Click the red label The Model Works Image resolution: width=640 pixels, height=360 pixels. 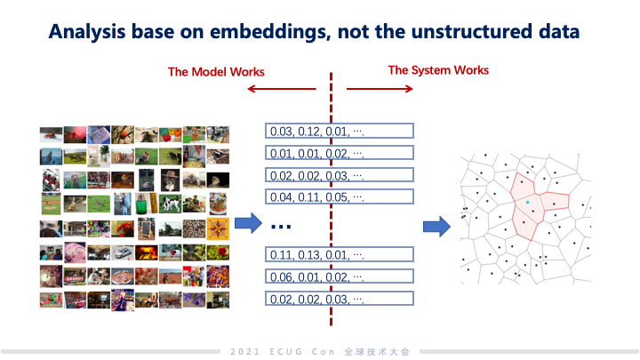pos(217,71)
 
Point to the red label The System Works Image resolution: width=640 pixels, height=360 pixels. pos(438,69)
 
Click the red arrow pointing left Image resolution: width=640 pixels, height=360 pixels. pos(281,89)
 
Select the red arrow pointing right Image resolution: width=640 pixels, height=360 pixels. pos(380,89)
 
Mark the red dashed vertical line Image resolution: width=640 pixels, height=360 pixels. pos(332,178)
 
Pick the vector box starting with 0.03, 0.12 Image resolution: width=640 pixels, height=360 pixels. pos(340,132)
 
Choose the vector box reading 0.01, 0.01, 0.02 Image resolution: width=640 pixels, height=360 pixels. pos(340,153)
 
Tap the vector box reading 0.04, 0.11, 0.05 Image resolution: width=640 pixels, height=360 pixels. pos(340,196)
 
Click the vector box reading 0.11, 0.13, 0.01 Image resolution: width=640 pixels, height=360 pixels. pos(340,255)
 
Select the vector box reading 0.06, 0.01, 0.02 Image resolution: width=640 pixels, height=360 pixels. pos(340,276)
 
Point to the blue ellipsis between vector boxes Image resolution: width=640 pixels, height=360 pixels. pos(281,227)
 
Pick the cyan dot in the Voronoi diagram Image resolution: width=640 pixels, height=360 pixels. pos(527,204)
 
